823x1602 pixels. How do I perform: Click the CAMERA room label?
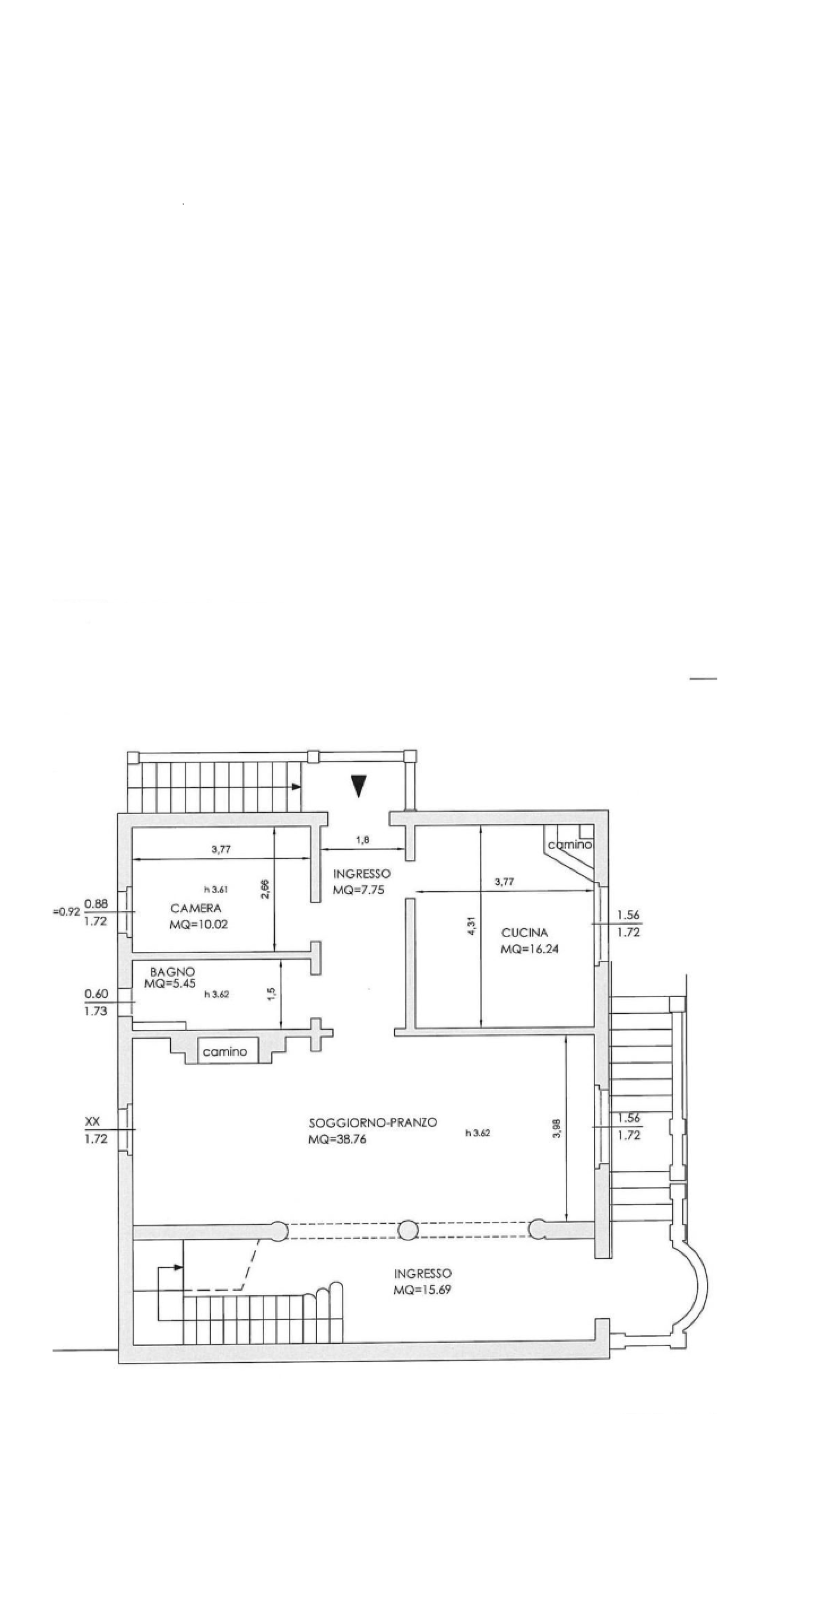tap(196, 908)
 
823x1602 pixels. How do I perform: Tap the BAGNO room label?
tap(172, 972)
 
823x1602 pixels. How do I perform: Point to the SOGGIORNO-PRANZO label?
tap(372, 1122)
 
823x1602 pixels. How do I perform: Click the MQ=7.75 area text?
tap(358, 890)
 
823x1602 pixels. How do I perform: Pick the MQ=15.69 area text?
tap(422, 1290)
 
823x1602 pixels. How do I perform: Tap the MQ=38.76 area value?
tap(336, 1139)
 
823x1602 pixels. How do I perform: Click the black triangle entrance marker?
tap(358, 785)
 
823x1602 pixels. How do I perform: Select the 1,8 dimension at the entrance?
tap(363, 840)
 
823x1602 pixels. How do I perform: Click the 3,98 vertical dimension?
tap(557, 1128)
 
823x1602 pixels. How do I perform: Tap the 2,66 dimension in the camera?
tap(266, 889)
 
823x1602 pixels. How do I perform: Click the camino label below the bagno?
tap(225, 1052)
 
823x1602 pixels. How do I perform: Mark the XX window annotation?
tap(92, 1122)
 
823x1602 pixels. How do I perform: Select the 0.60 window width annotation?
tap(97, 994)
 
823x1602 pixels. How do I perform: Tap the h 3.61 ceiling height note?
tap(216, 890)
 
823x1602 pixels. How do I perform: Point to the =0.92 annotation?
tap(67, 913)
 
